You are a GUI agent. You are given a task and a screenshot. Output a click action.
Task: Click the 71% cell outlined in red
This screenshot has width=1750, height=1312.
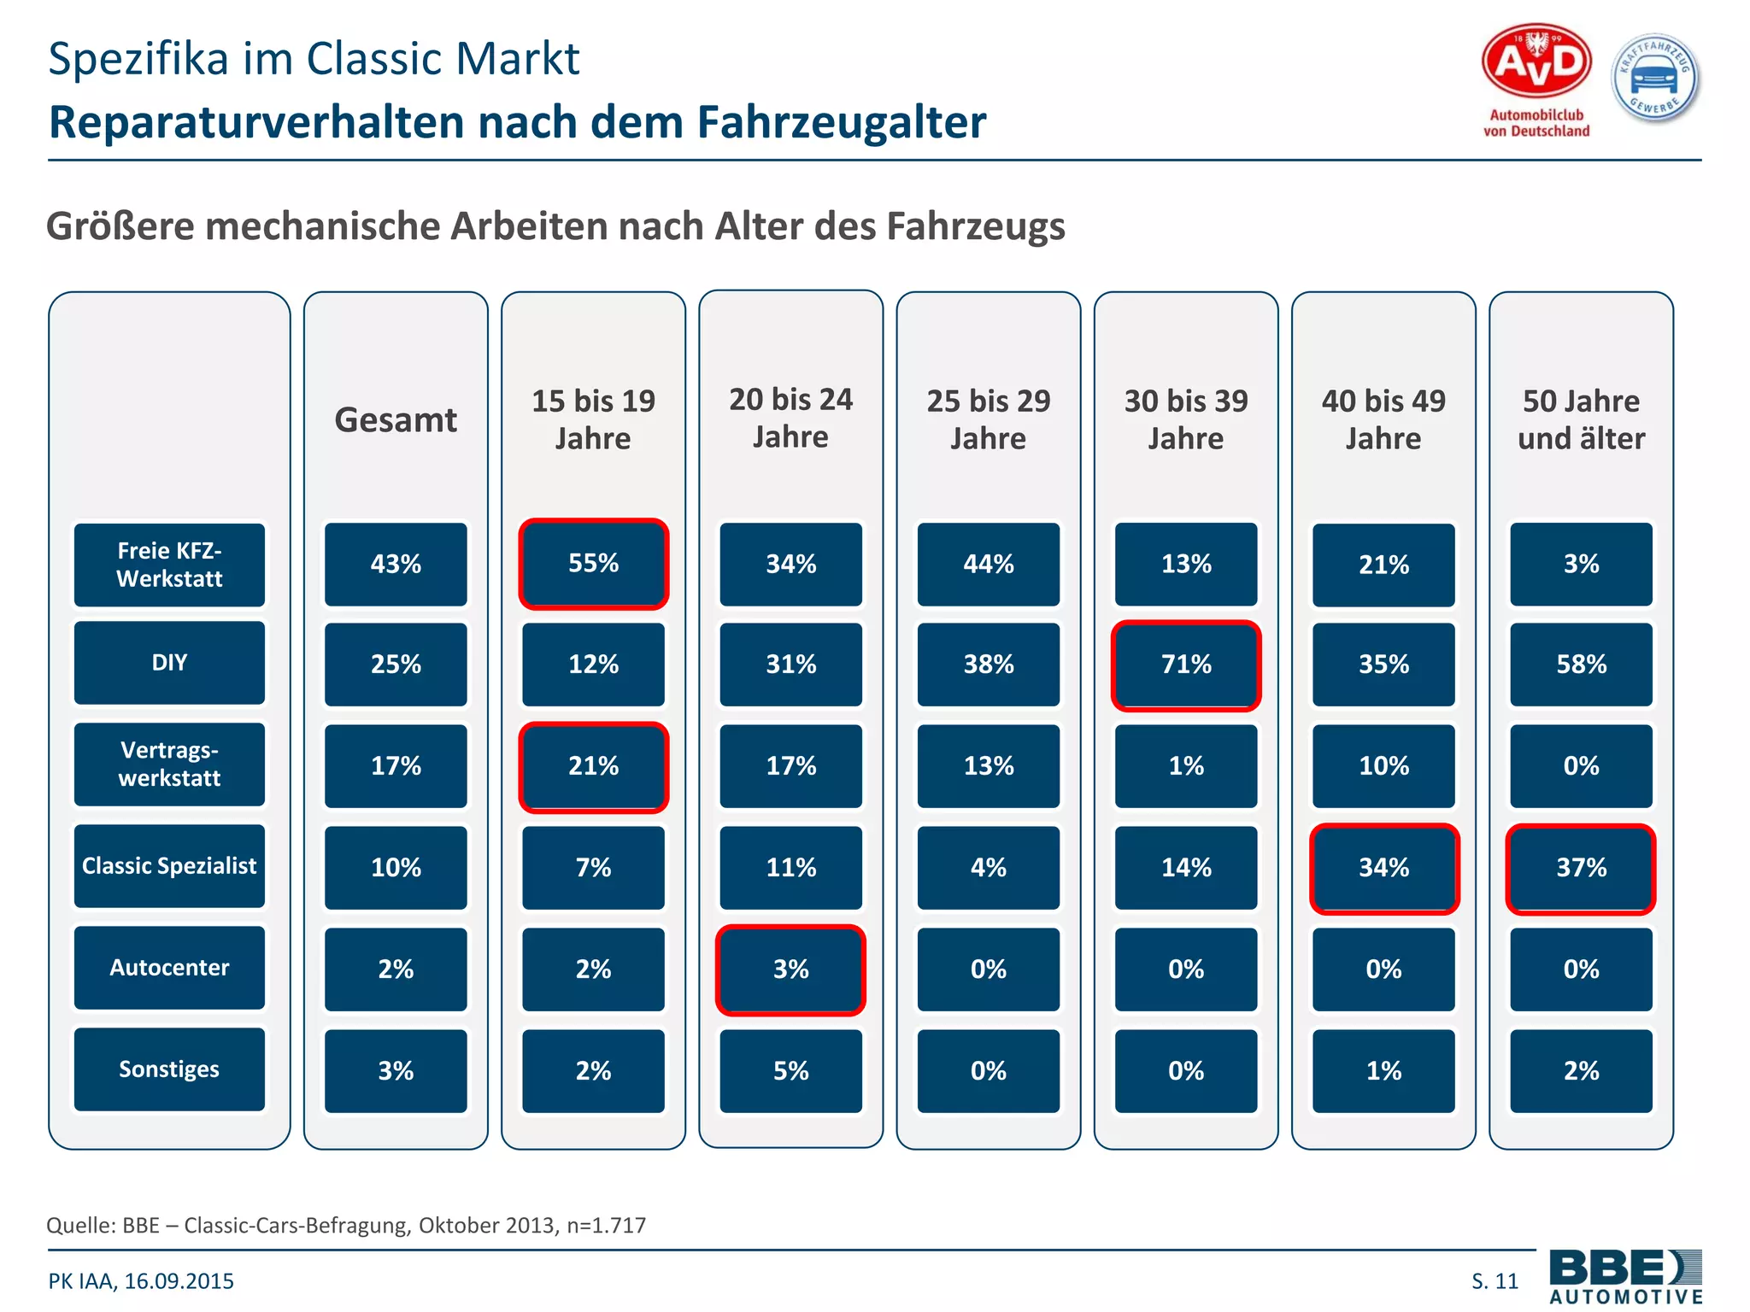coord(1186,665)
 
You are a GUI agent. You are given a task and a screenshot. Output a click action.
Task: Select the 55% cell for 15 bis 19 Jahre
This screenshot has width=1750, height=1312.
coord(593,564)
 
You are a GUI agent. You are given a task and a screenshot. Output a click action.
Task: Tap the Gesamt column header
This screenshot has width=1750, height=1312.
coord(396,420)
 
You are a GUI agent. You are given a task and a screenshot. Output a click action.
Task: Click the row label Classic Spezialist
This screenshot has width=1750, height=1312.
coord(169,866)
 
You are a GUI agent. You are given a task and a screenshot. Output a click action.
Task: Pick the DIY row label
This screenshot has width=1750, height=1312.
coord(169,663)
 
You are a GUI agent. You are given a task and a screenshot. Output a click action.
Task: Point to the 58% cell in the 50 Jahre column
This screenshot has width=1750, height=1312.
coord(1581,665)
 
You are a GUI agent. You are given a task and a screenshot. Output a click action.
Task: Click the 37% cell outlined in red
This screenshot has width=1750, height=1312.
coord(1581,868)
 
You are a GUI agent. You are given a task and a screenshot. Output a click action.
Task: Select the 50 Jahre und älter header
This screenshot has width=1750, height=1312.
coord(1581,419)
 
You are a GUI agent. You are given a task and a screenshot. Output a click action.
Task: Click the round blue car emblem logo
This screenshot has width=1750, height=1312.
coord(1655,79)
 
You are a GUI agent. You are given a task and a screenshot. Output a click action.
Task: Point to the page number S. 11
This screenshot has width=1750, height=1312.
coord(1495,1281)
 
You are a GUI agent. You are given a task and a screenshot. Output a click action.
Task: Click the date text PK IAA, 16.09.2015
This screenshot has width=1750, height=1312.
coord(141,1281)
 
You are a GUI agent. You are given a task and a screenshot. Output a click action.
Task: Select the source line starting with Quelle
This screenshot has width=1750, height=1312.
coord(346,1225)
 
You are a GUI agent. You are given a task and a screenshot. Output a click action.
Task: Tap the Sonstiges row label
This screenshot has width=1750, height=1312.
coord(169,1069)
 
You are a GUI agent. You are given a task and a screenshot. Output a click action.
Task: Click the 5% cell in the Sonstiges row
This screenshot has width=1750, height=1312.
coord(790,1071)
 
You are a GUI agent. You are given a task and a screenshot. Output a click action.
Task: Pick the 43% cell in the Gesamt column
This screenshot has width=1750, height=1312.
coord(396,565)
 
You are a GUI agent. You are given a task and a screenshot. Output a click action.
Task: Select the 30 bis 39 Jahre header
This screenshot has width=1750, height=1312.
coord(1186,419)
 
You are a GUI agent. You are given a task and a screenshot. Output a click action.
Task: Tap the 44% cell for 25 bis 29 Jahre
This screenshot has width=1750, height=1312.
coord(989,565)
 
